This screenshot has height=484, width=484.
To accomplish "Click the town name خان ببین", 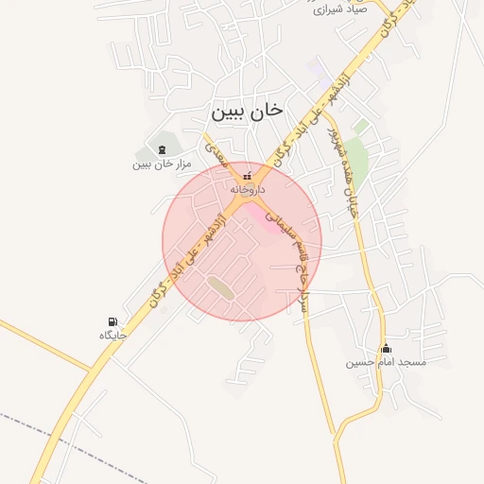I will pos(247,111).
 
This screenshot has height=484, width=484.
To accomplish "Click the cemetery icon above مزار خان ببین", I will pos(161,149).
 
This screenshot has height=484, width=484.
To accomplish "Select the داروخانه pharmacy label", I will pos(248,190).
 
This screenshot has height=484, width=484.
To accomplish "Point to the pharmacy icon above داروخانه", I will pos(249,176).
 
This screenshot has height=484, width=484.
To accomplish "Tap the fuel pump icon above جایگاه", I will pos(113,322).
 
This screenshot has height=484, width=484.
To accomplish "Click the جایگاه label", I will pos(112,336).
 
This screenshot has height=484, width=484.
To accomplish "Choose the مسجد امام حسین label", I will pos(386,362).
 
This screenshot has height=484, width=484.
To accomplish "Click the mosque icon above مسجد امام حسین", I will pos(385,348).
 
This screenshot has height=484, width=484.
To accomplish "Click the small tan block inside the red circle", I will pos(221,286).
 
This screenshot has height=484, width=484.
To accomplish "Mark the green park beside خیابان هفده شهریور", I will pos(354,151).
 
